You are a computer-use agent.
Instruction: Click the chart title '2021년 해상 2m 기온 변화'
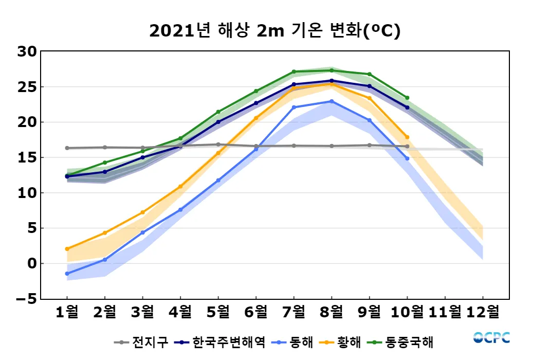274,31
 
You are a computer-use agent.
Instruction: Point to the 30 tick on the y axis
26,51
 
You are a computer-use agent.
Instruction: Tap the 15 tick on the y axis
26,157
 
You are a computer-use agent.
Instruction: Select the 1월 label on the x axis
67,312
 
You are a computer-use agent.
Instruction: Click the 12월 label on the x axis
483,312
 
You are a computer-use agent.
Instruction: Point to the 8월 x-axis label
332,312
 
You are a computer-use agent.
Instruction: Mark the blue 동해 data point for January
67,274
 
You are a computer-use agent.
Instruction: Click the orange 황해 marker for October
407,137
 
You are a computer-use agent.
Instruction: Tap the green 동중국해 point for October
407,98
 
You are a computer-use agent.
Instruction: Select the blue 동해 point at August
332,101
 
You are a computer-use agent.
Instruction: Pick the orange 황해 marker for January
67,249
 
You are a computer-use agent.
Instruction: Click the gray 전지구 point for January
67,148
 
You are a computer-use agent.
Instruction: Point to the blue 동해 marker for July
294,107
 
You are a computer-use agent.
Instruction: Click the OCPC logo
491,337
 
